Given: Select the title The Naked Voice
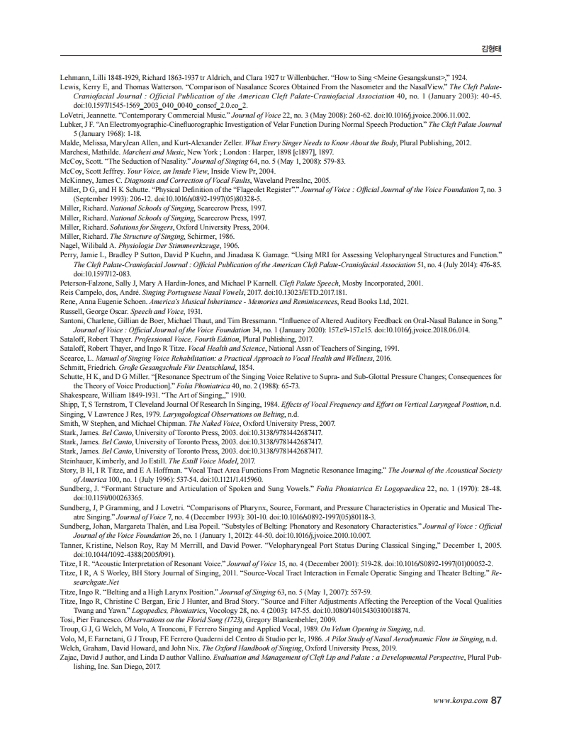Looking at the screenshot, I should pyautogui.click(x=208, y=422).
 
